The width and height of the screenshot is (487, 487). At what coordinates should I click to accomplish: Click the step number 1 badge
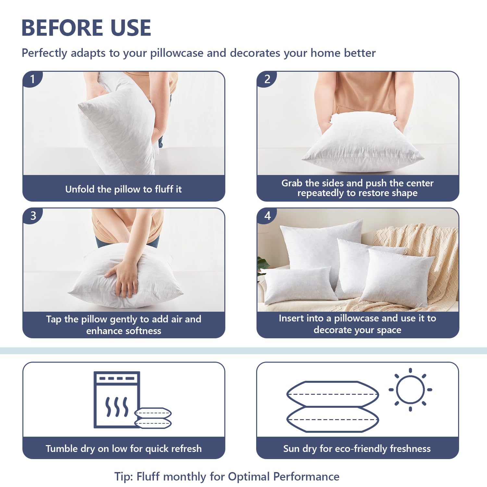[32, 79]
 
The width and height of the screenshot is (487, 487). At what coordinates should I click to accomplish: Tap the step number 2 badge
[267, 79]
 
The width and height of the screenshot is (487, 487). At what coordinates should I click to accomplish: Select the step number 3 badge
[32, 216]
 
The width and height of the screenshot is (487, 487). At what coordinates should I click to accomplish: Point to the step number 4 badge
[267, 216]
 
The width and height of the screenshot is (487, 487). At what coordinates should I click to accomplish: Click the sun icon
[410, 390]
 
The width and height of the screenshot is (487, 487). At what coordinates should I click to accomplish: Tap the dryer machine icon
[117, 400]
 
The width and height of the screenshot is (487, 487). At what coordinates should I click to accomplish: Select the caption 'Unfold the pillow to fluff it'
[123, 189]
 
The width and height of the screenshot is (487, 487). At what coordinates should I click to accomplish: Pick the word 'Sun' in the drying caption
[291, 449]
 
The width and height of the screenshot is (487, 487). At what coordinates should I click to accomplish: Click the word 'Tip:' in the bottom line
[124, 477]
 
